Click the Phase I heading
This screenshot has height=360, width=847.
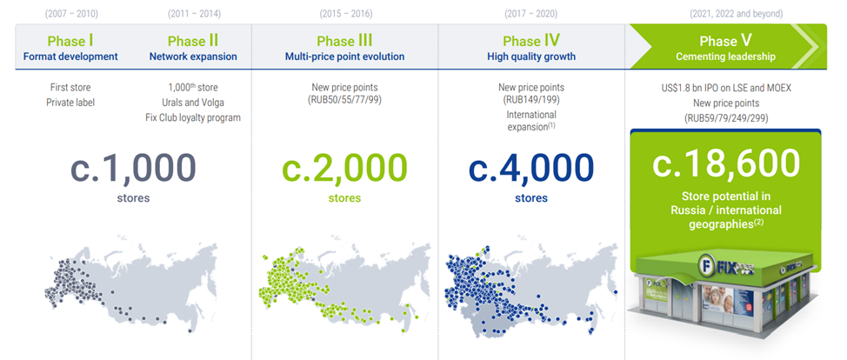[x=70, y=41]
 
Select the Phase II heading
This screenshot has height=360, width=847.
[x=193, y=41]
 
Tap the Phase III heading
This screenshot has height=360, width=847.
[x=344, y=41]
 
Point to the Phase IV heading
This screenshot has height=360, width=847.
[x=531, y=41]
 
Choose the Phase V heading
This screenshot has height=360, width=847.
[x=725, y=41]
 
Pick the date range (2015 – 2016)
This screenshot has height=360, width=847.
[x=346, y=14]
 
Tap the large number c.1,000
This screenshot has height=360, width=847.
[x=133, y=168]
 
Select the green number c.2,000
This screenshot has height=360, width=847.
[x=344, y=168]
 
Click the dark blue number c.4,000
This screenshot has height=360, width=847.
[x=531, y=168]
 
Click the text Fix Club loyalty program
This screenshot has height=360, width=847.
[x=193, y=117]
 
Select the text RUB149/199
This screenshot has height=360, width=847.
[x=531, y=99]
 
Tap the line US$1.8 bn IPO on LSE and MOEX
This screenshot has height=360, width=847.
[x=725, y=88]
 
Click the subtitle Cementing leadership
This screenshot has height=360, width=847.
[x=725, y=57]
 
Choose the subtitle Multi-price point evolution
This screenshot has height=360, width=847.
[x=344, y=57]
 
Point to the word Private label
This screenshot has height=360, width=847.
[x=70, y=102]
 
